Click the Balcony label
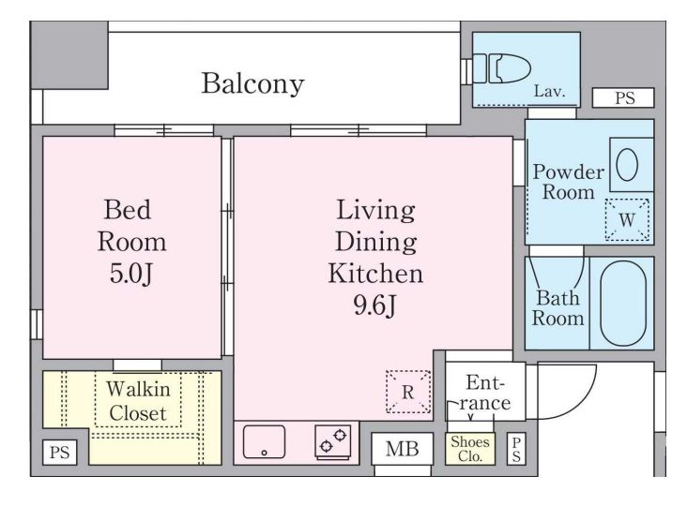pyautogui.click(x=252, y=84)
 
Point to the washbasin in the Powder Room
pyautogui.click(x=627, y=165)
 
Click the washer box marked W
pyautogui.click(x=627, y=219)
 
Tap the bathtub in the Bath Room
pyautogui.click(x=620, y=303)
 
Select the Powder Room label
pyautogui.click(x=567, y=183)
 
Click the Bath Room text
pyautogui.click(x=558, y=309)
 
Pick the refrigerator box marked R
pyautogui.click(x=407, y=392)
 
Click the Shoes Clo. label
pyautogui.click(x=469, y=449)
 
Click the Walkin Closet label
pyautogui.click(x=137, y=400)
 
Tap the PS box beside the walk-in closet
pyautogui.click(x=59, y=453)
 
